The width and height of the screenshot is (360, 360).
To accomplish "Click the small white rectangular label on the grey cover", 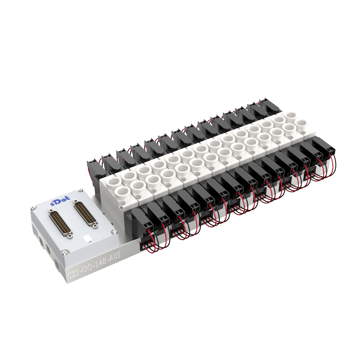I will coord(86,238).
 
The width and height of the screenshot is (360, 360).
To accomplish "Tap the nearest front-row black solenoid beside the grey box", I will coord(139,220).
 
